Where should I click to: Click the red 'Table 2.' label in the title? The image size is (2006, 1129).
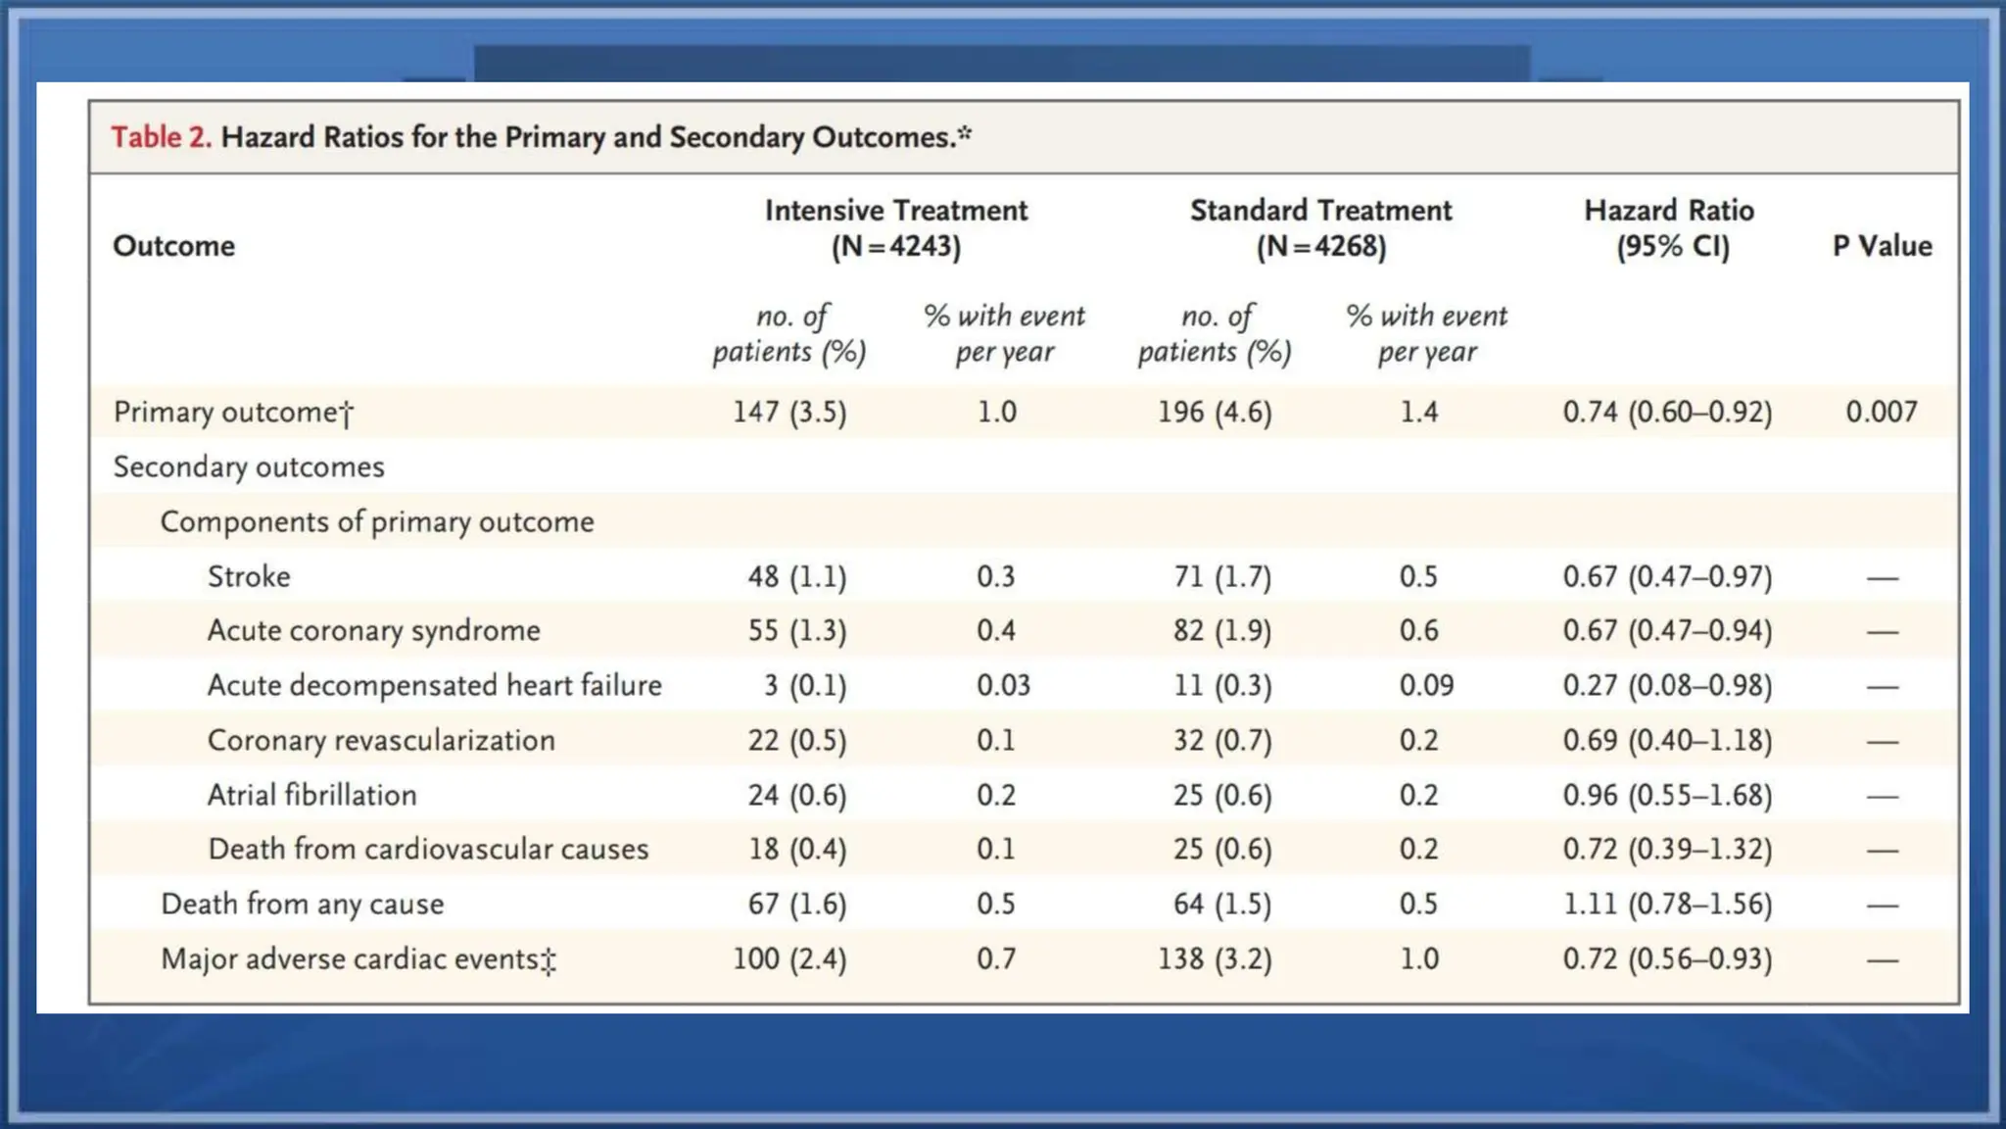161,136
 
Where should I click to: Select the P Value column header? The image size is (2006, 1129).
1882,246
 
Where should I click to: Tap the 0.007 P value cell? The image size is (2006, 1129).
1881,412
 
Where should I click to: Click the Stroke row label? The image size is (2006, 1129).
249,576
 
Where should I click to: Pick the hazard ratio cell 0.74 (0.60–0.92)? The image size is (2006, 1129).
1667,412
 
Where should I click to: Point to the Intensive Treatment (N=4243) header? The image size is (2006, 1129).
895,227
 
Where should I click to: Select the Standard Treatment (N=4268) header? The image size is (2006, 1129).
1320,227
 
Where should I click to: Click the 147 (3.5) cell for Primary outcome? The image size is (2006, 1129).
789,412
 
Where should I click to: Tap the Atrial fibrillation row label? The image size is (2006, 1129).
311,795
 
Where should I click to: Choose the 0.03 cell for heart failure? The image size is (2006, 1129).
1003,685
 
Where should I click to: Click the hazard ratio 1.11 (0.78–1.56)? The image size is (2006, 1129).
1667,904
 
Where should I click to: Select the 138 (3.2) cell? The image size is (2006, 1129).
1215,958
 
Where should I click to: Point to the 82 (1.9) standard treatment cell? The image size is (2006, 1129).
1221,630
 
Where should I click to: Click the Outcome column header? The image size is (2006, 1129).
173,246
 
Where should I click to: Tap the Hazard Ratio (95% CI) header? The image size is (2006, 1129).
1669,227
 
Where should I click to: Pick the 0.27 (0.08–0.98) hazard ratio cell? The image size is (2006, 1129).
1667,685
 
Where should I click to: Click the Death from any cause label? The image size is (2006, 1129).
302,904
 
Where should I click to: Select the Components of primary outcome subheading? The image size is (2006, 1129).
377,521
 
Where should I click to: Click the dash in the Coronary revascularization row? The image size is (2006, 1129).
1882,742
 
